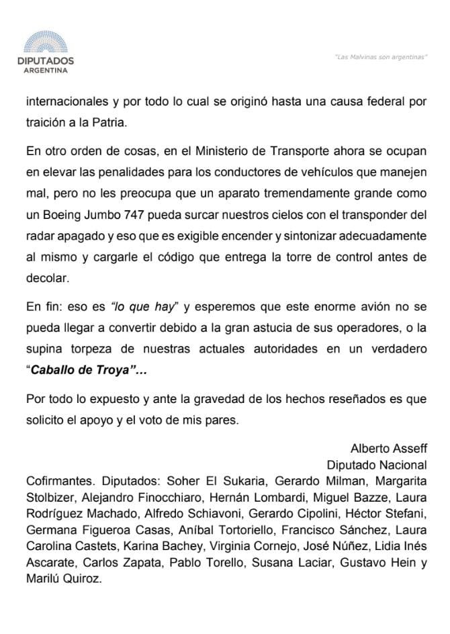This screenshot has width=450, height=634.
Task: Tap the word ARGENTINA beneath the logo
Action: pyautogui.click(x=45, y=69)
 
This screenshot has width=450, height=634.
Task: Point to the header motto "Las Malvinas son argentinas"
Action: pyautogui.click(x=381, y=56)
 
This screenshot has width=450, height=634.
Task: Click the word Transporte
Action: pyautogui.click(x=289, y=149)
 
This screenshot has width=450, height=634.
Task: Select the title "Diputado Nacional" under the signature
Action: pyautogui.click(x=376, y=464)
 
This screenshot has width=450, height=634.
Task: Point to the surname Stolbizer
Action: pyautogui.click(x=51, y=497)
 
